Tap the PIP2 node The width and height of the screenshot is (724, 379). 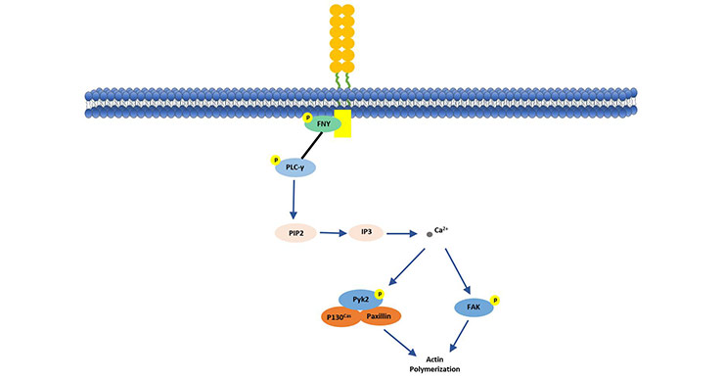tap(294, 234)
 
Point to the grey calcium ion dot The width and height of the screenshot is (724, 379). tap(430, 234)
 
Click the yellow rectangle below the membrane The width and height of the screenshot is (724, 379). tap(342, 123)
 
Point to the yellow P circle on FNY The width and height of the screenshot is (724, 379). tap(308, 117)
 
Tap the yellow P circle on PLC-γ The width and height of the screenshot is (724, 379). tap(275, 160)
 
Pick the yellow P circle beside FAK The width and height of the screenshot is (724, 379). tap(496, 300)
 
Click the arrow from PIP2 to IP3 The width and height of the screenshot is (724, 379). tap(331, 234)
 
